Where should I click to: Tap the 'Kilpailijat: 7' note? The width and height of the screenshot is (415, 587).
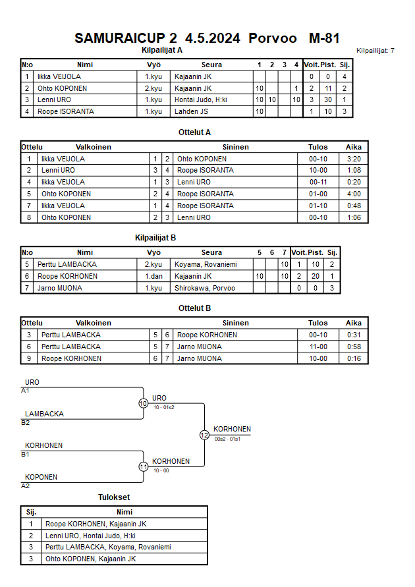tap(375, 50)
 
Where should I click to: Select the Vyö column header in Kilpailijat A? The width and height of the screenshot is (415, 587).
tap(153, 65)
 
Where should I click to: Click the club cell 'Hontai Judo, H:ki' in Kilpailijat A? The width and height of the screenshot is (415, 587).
tap(201, 100)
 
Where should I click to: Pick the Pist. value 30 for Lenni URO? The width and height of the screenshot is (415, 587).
tap(327, 100)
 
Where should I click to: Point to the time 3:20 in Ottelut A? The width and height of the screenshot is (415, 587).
tap(353, 159)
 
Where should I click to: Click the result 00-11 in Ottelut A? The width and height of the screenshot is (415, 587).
tap(318, 182)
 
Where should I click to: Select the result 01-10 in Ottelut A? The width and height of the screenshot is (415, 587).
tap(318, 206)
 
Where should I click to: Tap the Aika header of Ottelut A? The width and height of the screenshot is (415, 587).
tap(353, 147)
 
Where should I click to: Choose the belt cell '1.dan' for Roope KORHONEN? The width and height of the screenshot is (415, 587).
tap(153, 276)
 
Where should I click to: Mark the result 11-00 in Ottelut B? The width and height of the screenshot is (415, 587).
tap(318, 347)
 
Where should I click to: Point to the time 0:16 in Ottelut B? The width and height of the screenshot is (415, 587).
tap(353, 358)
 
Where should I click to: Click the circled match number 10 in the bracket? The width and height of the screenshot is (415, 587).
tap(143, 403)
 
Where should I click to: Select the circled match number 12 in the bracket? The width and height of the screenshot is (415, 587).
tap(204, 435)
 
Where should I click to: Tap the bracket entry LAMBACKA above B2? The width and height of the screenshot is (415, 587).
tap(44, 414)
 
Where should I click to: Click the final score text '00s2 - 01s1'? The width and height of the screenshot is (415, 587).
tap(227, 439)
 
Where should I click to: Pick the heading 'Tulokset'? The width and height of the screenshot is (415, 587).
tap(114, 497)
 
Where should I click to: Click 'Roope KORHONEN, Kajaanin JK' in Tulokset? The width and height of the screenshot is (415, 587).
tap(96, 524)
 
